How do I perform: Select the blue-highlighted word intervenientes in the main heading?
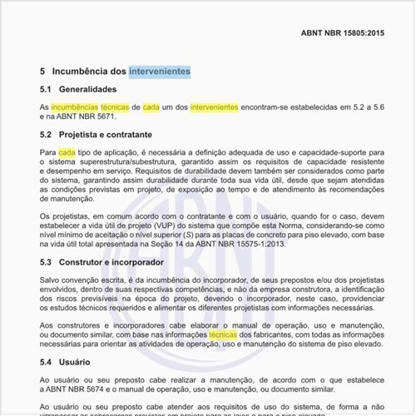click(160, 72)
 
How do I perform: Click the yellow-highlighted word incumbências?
click(74, 108)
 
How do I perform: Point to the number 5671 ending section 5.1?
click(103, 118)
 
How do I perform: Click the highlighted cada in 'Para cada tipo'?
click(67, 153)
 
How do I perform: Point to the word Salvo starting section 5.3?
click(51, 282)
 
